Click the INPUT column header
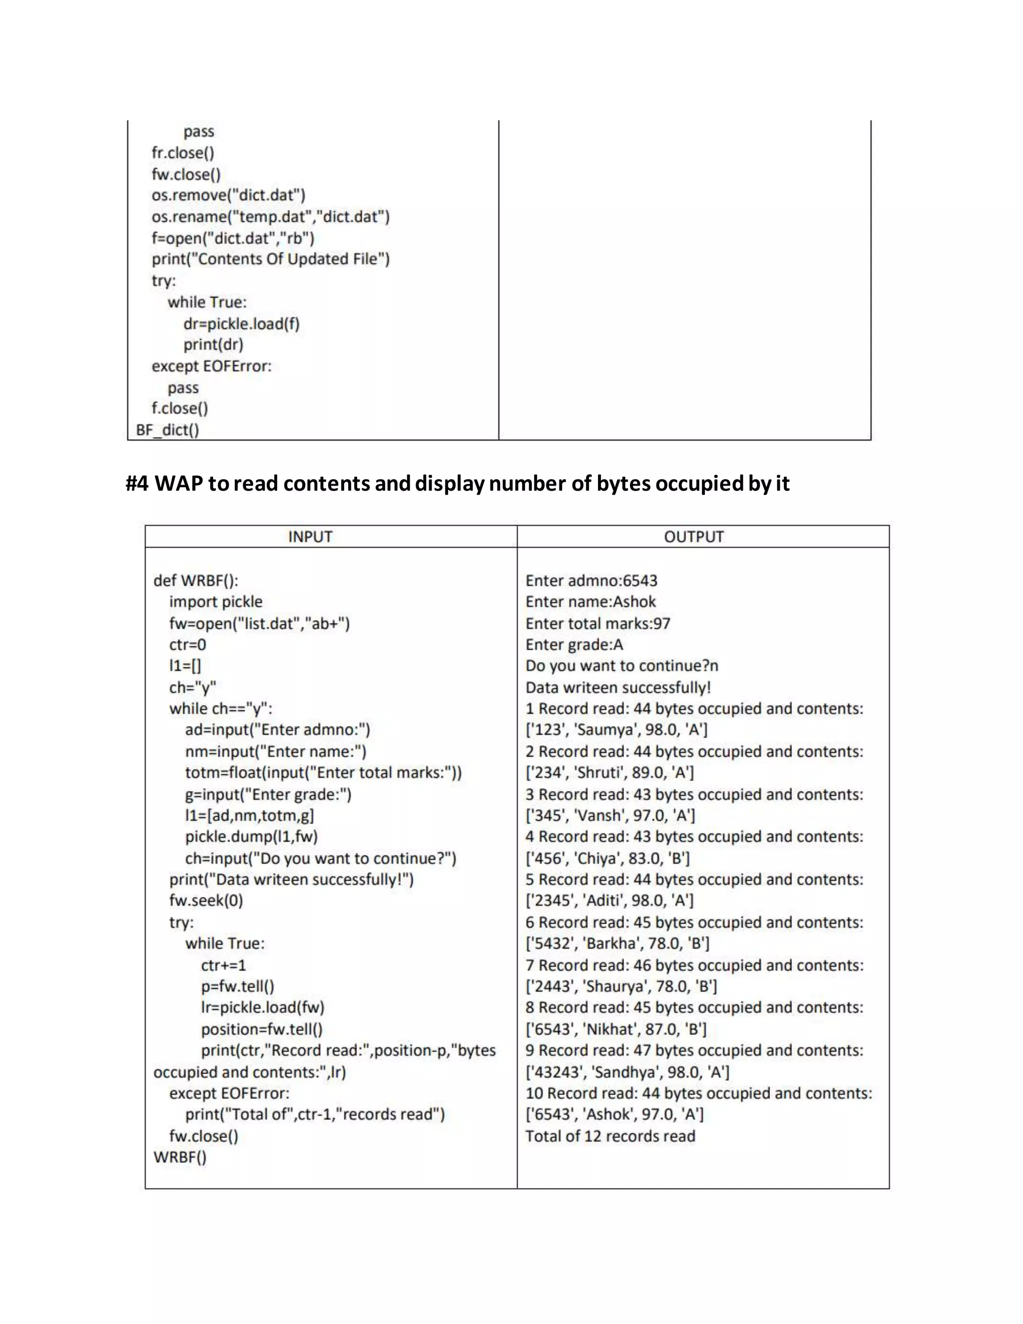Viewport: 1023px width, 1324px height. point(310,537)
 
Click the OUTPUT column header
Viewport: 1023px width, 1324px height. point(693,537)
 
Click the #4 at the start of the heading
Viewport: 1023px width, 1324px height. point(137,483)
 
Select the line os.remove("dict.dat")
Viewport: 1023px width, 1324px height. point(228,195)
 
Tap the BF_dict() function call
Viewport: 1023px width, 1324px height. point(167,430)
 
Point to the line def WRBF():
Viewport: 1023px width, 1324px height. point(196,580)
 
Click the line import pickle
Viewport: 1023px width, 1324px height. point(216,602)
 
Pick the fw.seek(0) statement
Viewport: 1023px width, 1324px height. point(206,900)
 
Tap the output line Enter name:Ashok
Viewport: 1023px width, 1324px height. point(590,602)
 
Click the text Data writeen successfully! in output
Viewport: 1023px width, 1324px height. point(617,687)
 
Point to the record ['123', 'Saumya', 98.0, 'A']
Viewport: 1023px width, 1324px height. point(616,729)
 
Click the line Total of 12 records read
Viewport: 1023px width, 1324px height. point(610,1136)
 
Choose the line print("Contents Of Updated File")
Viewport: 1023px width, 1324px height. point(270,259)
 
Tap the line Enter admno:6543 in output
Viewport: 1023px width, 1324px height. point(591,580)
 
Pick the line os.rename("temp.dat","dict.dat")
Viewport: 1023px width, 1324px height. point(270,216)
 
